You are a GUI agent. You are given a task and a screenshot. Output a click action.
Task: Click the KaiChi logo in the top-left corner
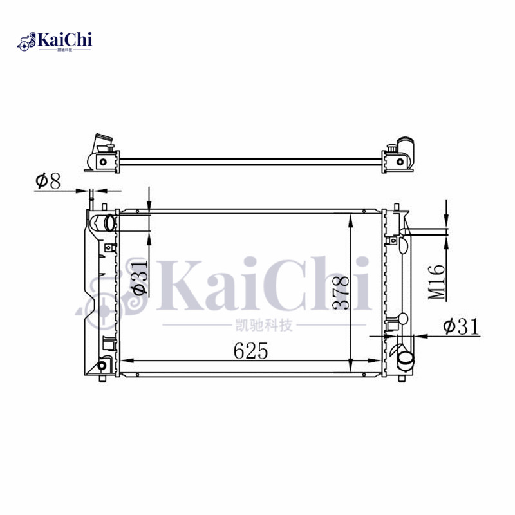click(x=55, y=42)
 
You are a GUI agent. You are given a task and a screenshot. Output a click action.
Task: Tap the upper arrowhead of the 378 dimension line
click(x=350, y=221)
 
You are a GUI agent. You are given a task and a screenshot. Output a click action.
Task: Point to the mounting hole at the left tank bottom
click(x=101, y=366)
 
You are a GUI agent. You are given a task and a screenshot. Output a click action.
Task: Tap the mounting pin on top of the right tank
click(x=395, y=207)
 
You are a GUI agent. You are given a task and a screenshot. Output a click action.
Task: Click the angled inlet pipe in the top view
click(x=102, y=142)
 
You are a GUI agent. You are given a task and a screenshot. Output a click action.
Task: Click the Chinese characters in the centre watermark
click(x=265, y=325)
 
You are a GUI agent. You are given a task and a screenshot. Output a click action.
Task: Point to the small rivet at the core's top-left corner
click(x=138, y=211)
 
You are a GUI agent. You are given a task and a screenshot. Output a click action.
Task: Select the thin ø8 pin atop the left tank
click(x=94, y=196)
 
